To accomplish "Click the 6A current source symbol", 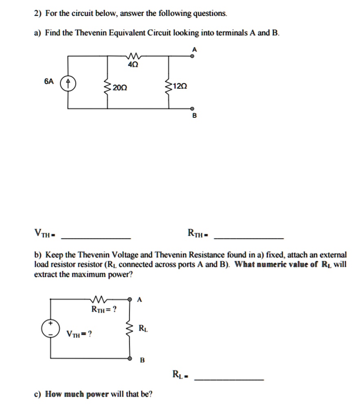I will [x=68, y=85].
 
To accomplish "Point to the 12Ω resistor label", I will [x=180, y=86].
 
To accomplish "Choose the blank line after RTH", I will [x=248, y=237].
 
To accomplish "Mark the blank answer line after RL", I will [x=229, y=380].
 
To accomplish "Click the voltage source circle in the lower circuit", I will [x=50, y=328].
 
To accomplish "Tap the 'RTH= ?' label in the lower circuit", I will [x=104, y=309].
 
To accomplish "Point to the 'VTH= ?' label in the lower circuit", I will [x=79, y=334].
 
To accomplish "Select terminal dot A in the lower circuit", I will [x=130, y=299].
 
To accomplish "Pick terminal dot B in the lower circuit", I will [x=130, y=358].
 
